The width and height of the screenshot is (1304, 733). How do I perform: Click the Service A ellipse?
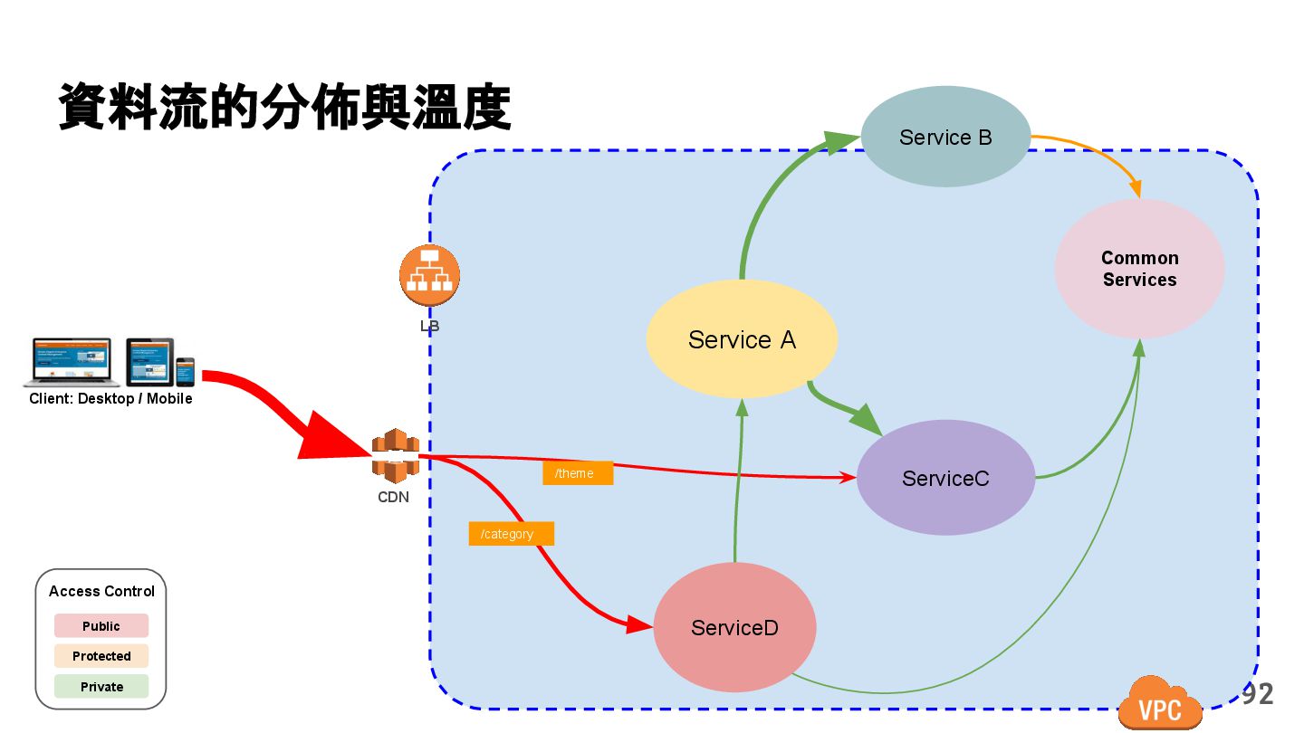tap(742, 339)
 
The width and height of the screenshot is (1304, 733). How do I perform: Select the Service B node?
tap(945, 137)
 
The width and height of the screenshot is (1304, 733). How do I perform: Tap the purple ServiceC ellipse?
tap(945, 478)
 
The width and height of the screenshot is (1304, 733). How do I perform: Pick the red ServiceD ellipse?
tap(734, 627)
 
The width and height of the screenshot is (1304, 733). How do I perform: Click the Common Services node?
tap(1139, 269)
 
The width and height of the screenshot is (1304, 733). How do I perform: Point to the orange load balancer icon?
tap(429, 275)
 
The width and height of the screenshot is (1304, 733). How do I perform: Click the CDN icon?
tap(395, 456)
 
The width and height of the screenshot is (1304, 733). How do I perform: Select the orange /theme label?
tap(578, 473)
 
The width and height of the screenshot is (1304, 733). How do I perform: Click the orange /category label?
tap(511, 534)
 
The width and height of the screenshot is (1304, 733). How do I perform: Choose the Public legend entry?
tap(101, 626)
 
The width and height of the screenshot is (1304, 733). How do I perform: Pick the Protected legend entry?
tap(101, 656)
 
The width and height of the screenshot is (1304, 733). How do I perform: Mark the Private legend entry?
tap(101, 687)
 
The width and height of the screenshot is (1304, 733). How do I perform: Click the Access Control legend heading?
tap(101, 591)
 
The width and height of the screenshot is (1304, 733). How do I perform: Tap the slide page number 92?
tap(1257, 695)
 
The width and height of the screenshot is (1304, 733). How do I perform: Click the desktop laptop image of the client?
tap(71, 362)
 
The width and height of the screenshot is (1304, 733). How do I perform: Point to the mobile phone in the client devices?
tap(185, 371)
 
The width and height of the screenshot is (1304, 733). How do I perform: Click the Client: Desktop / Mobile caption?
tap(110, 398)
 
